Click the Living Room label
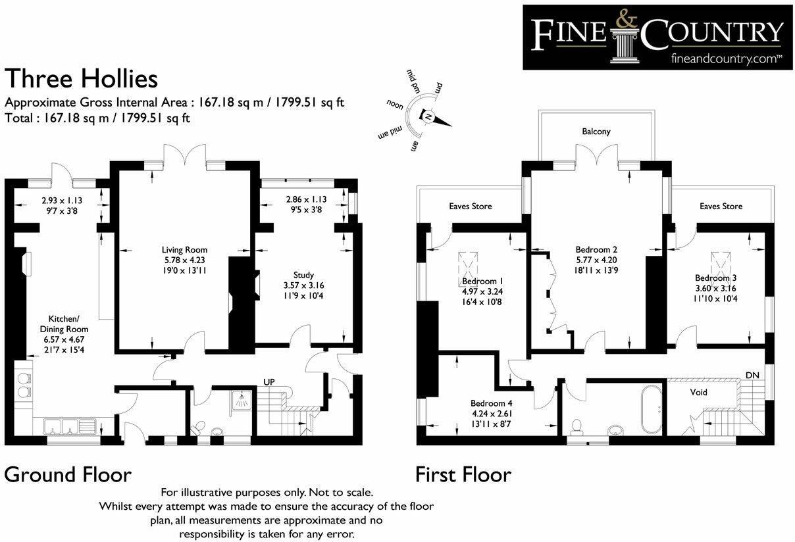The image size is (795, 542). coord(184,250)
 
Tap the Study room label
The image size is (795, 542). coord(303,275)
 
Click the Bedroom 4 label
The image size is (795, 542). coord(491,403)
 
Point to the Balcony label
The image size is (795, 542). coord(596,132)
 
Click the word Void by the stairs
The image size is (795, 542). coord(698,393)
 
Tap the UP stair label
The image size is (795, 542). coord(269,382)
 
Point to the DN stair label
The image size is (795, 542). coord(752,375)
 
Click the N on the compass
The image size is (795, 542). coord(428,116)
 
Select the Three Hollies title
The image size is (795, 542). coord(81,79)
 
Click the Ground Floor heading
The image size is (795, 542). coord(68,474)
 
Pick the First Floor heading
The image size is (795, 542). coord(463,474)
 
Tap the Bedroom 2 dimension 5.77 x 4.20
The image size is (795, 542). coord(596,260)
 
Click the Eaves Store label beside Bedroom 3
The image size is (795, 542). coord(721,206)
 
